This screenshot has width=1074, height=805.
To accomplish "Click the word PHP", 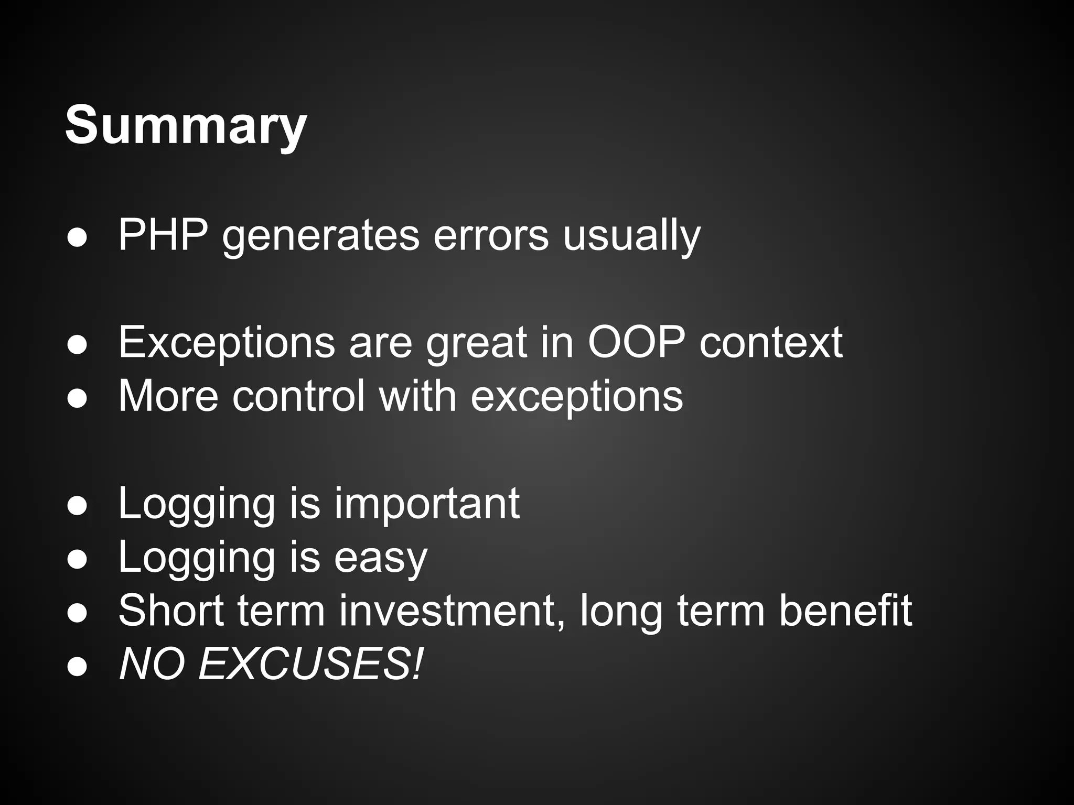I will tap(163, 236).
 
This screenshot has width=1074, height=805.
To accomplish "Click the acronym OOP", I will tap(636, 343).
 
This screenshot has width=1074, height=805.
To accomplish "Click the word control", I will tap(298, 396).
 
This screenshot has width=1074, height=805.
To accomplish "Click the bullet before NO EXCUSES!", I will tap(77, 666).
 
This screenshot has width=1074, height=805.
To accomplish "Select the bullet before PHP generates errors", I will tap(77, 237).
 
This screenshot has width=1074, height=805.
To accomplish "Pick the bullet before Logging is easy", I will tap(77, 559).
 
